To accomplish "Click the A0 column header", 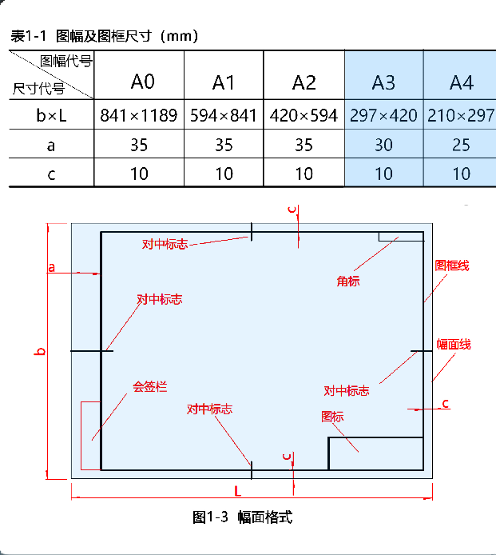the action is click(x=142, y=82).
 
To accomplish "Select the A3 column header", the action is click(x=383, y=82).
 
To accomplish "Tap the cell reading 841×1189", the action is click(x=139, y=115).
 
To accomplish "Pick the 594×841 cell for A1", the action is click(x=224, y=115).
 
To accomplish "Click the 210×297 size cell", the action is click(x=461, y=115).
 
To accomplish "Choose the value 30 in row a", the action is click(x=383, y=145).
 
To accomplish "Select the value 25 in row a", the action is click(x=461, y=145).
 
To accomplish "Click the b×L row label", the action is click(x=51, y=115).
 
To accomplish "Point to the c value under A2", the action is click(x=304, y=174).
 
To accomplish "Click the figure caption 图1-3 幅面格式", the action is click(x=243, y=517).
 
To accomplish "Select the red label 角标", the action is click(x=347, y=281).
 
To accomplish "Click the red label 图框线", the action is click(x=451, y=266).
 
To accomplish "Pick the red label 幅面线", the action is click(x=453, y=345).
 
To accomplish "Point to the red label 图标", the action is click(x=332, y=417).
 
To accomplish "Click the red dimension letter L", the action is click(x=237, y=489).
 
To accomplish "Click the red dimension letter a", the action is click(x=51, y=267).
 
